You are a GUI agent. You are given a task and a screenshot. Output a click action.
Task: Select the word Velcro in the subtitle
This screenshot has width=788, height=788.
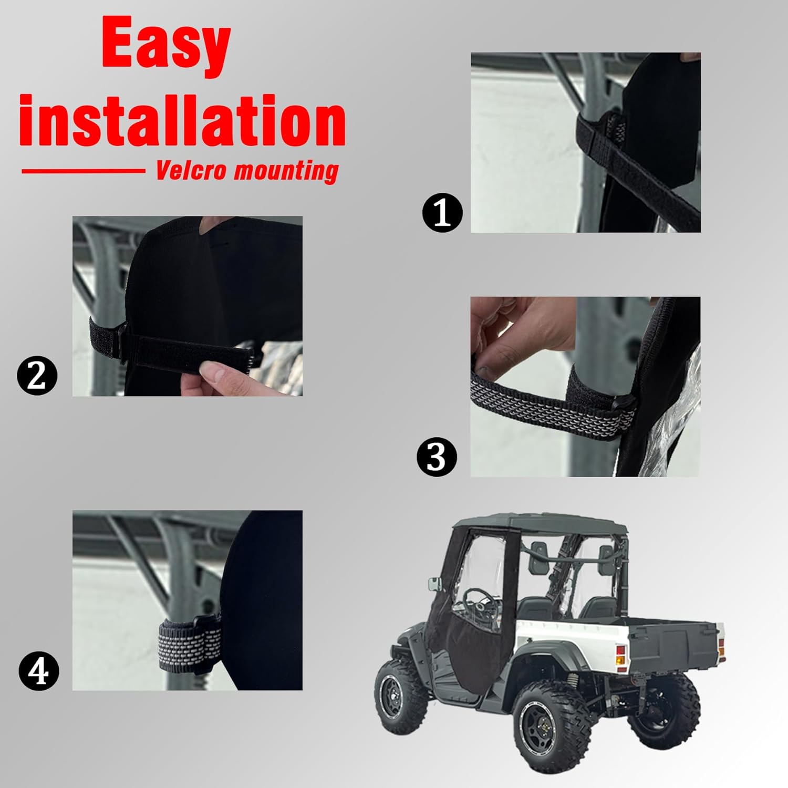(191, 171)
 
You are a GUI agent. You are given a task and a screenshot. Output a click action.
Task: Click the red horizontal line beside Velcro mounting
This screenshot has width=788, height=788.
(83, 170)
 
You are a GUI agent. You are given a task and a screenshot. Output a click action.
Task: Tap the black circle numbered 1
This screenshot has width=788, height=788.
(442, 213)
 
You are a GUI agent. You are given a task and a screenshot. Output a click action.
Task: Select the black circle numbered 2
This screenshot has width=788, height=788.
(37, 376)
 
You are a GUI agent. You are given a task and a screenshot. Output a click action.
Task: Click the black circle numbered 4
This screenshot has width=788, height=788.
(39, 671)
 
